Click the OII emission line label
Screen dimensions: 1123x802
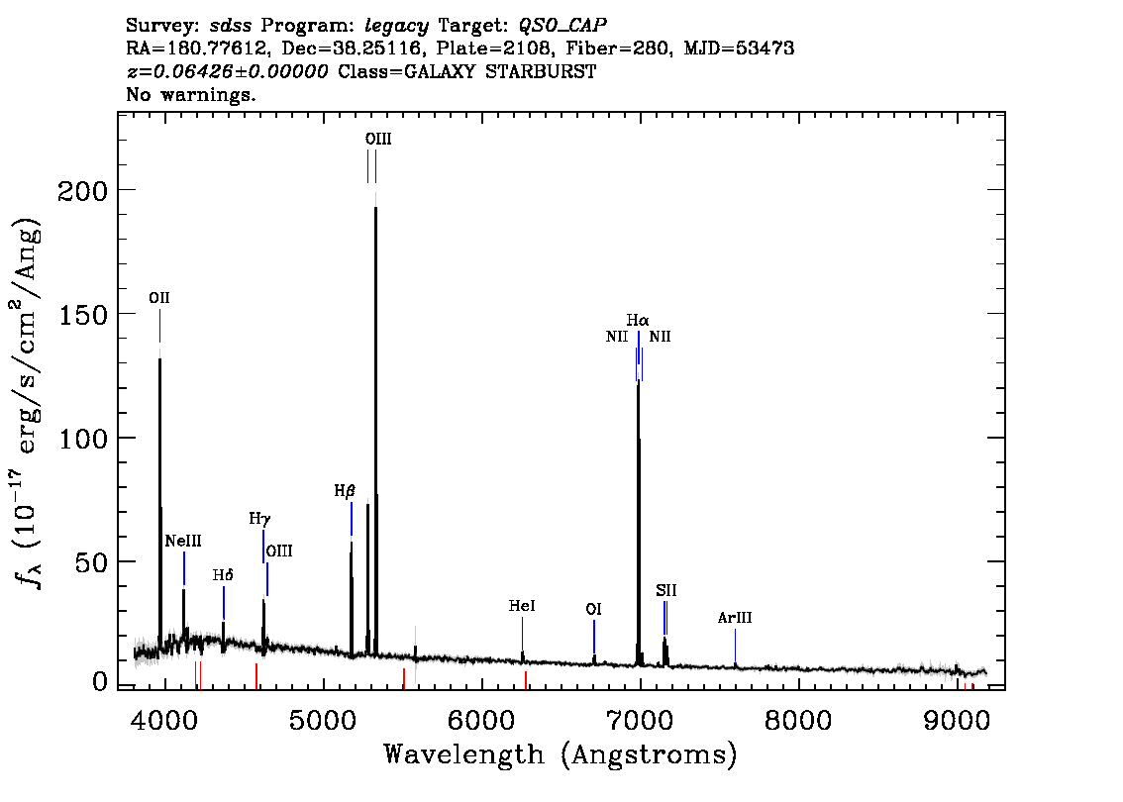(159, 298)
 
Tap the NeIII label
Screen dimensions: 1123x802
(183, 541)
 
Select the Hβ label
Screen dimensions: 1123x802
(345, 491)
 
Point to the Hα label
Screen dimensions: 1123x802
(638, 320)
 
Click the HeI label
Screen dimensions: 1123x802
(521, 606)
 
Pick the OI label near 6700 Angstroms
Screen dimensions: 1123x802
(594, 609)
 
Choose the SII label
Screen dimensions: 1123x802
(666, 591)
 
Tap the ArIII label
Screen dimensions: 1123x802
(735, 618)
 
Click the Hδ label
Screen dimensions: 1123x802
(223, 575)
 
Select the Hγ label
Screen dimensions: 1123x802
(259, 519)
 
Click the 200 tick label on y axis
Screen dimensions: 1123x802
(82, 190)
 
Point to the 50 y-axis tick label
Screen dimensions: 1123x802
(92, 562)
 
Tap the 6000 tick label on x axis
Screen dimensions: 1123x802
(481, 720)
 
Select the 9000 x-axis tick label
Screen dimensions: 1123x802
(956, 720)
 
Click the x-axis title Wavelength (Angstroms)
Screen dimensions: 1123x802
(561, 754)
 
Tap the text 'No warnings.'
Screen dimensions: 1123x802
(190, 94)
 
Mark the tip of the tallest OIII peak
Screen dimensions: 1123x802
(375, 206)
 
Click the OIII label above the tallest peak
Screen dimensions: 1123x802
(378, 139)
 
